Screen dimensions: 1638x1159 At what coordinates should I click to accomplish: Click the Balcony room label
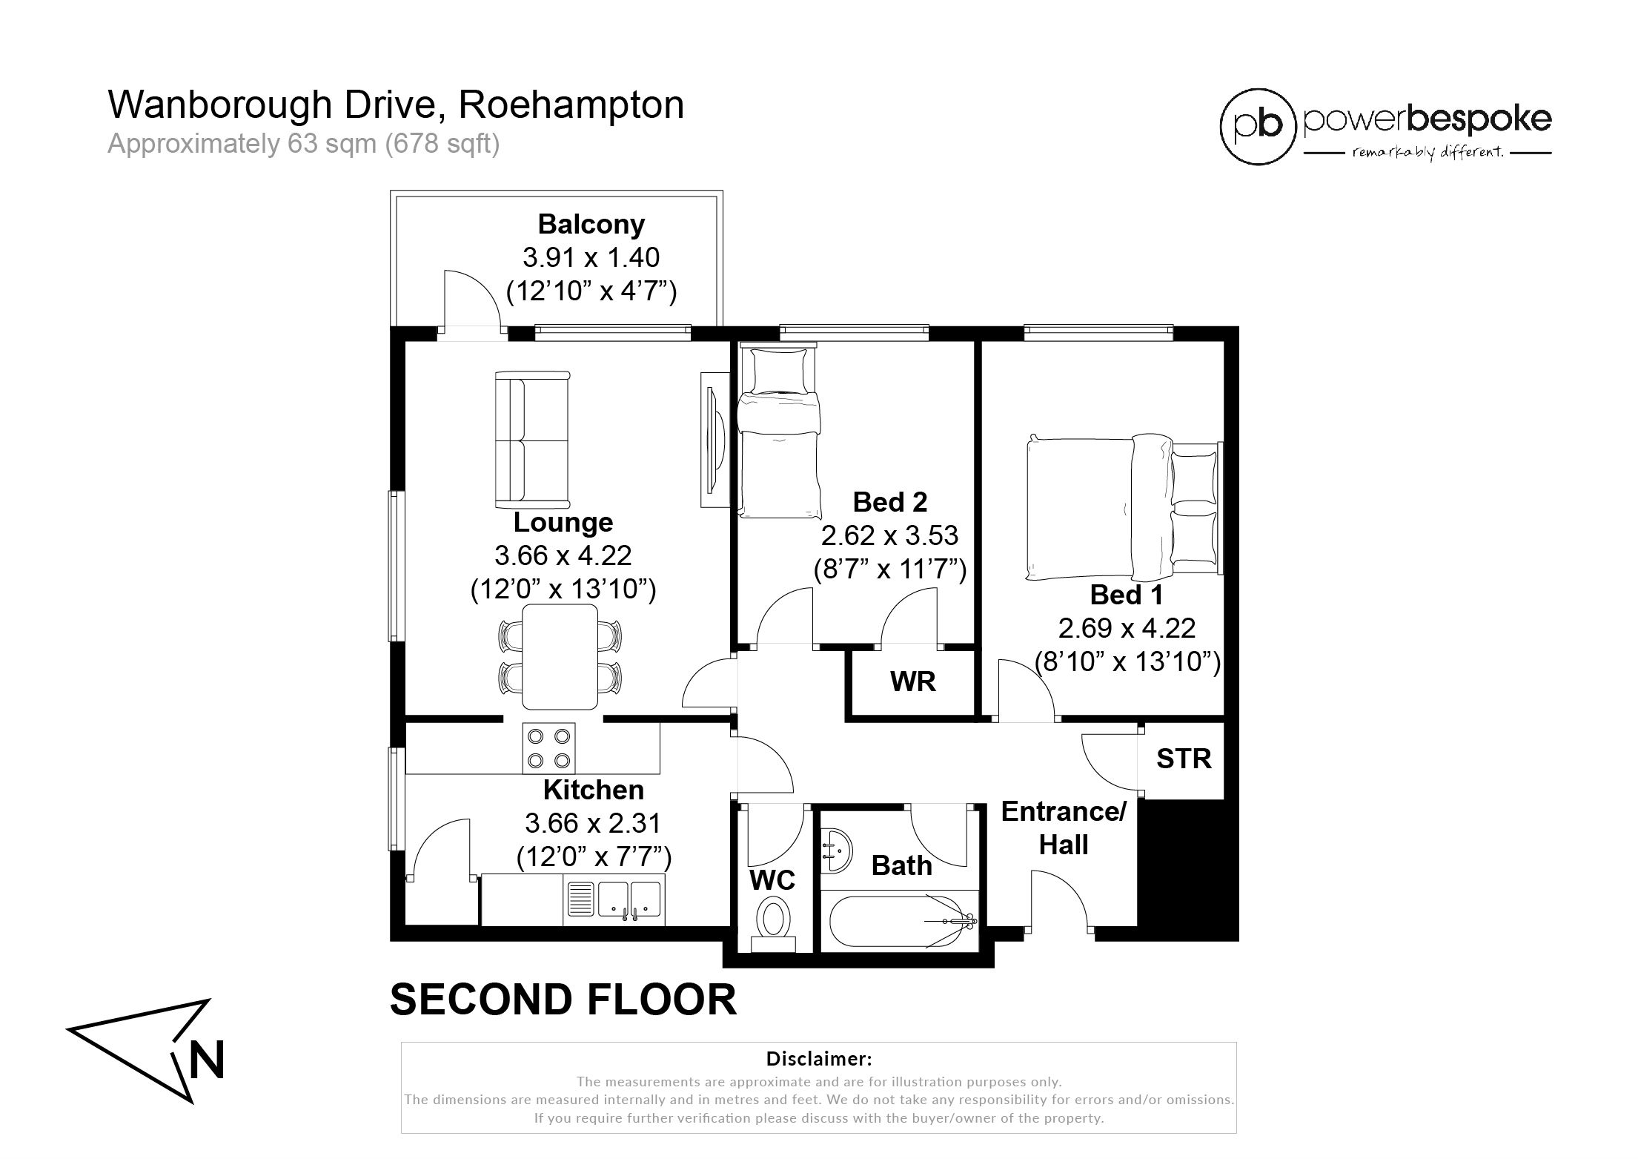coord(591,224)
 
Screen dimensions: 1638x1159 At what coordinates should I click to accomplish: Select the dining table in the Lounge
coord(560,657)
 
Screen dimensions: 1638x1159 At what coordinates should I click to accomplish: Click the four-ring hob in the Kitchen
coord(549,748)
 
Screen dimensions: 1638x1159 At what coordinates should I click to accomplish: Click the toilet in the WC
coord(774,925)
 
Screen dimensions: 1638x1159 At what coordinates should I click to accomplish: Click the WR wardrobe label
coord(913,681)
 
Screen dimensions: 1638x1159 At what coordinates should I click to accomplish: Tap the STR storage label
coord(1184,759)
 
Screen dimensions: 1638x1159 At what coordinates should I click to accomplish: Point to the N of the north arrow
coord(207,1060)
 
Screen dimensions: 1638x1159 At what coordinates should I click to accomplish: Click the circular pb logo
coord(1257,126)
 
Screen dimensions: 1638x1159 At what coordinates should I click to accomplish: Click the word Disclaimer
coord(819,1058)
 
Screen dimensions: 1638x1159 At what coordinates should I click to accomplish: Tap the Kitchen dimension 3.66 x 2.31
coord(593,823)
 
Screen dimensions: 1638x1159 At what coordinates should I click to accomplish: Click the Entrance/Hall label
coord(1064,828)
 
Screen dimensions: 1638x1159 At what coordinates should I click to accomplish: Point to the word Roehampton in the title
coord(571,105)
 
